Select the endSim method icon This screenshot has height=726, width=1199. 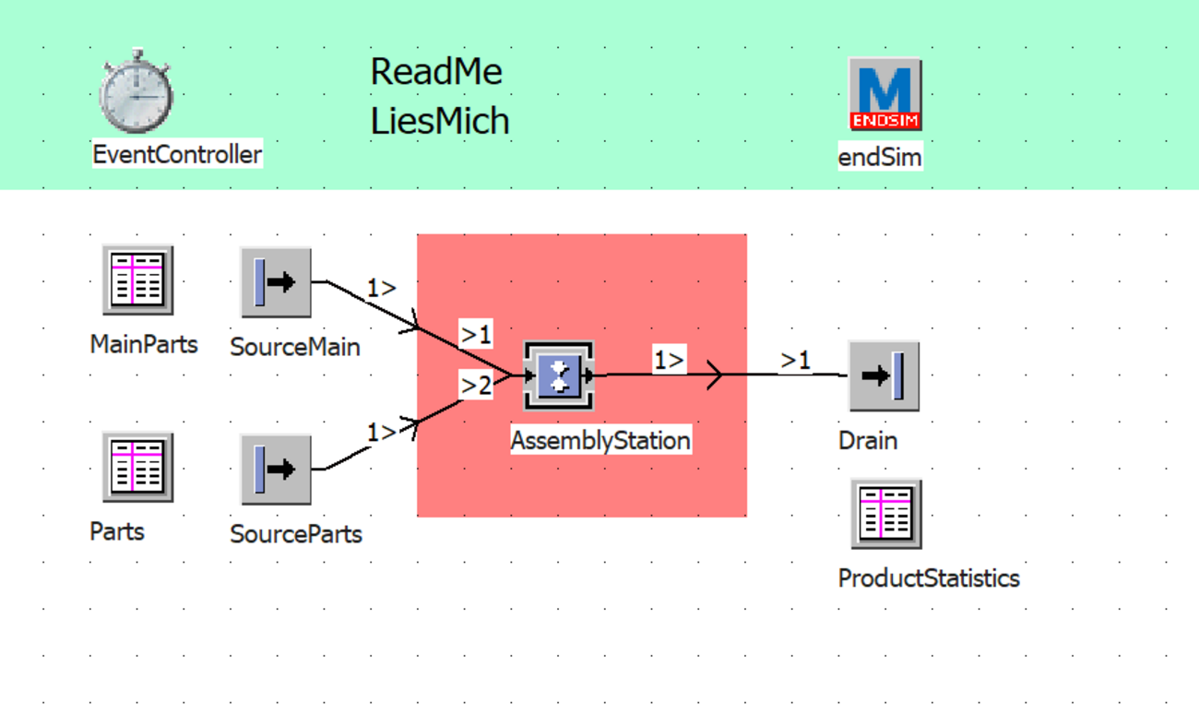point(884,94)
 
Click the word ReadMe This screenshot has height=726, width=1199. point(436,72)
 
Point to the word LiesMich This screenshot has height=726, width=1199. point(440,121)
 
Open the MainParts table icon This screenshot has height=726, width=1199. point(137,280)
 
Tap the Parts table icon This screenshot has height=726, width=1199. point(137,467)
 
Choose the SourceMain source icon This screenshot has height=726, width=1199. point(276,281)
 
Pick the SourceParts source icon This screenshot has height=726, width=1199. point(276,469)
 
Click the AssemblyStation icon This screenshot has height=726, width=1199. point(559,375)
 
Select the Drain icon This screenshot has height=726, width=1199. point(884,375)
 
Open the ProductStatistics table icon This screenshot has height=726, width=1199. point(885,514)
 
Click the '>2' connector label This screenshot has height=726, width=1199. point(476,386)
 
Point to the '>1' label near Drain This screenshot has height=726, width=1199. point(796,360)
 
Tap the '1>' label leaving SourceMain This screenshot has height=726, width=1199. point(381,289)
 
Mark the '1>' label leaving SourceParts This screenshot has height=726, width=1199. point(381,431)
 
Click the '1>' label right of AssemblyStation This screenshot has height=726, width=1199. point(670,360)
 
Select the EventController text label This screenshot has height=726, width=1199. point(177,154)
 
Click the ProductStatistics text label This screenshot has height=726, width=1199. point(928,578)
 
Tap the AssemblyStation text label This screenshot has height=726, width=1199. point(600,440)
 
